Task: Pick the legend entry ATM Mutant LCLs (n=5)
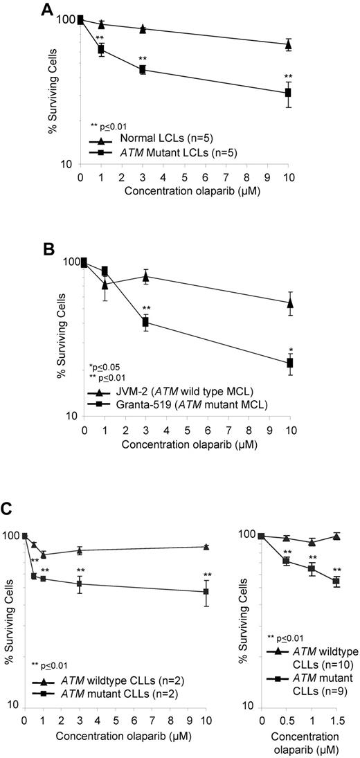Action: pos(163,154)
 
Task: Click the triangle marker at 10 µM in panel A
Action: pos(288,45)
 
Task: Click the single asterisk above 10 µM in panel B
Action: pos(291,350)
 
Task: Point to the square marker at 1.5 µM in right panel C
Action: pos(336,581)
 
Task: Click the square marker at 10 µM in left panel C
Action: pos(206,591)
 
